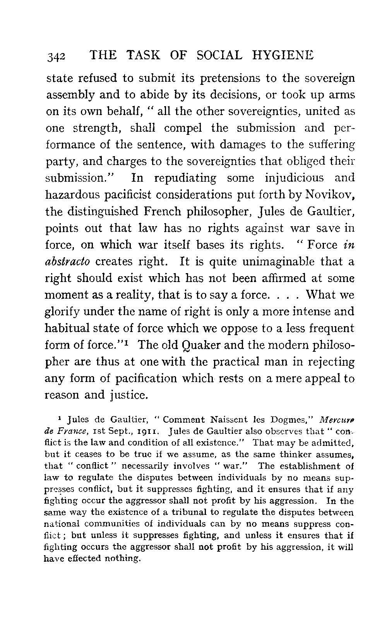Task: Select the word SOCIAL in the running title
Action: [219, 55]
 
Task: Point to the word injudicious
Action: [295, 178]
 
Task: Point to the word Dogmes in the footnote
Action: [295, 419]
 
